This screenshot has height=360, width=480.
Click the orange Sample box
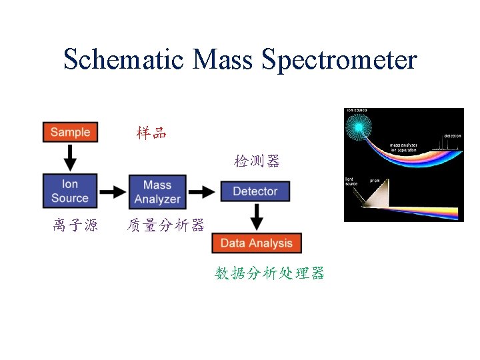tap(70, 131)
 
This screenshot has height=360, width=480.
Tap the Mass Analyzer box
tap(157, 191)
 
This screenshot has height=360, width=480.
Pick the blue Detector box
tap(255, 191)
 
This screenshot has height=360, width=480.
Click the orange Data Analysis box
tap(257, 243)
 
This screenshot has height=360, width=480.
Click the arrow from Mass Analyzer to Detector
tap(202, 192)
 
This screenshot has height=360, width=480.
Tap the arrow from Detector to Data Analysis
tap(257, 217)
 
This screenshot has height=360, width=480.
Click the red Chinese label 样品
tap(151, 133)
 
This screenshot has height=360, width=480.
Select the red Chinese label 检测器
tap(257, 161)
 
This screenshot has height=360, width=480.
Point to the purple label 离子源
tap(75, 225)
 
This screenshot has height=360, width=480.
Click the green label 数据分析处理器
tap(269, 273)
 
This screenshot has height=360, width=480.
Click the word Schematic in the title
tap(123, 59)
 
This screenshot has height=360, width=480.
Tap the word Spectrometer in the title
tap(339, 59)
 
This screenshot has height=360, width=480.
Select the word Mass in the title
tap(223, 59)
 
